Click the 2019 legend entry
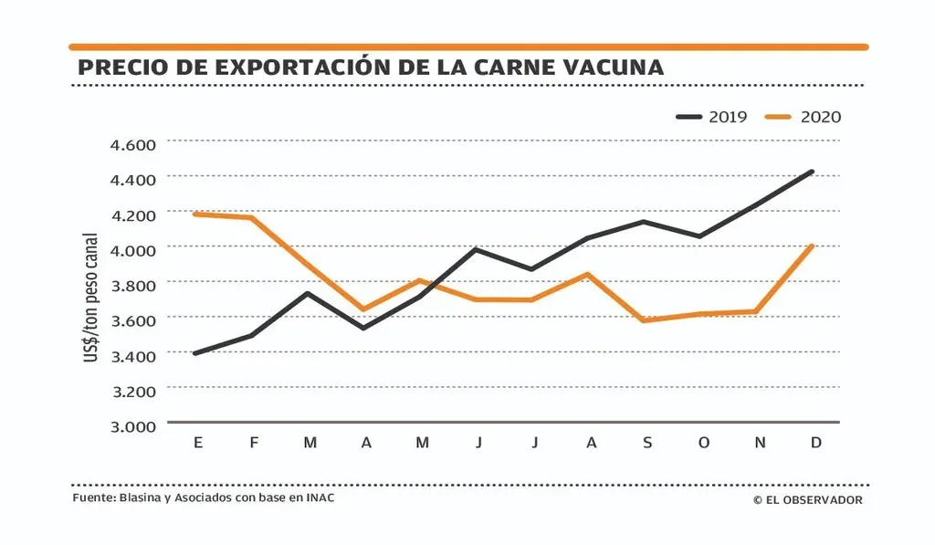pyautogui.click(x=712, y=117)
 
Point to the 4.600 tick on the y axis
pyautogui.click(x=133, y=144)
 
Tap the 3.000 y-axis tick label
pyautogui.click(x=133, y=425)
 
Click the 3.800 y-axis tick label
pyautogui.click(x=133, y=285)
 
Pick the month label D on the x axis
pyautogui.click(x=816, y=443)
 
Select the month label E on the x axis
pyautogui.click(x=197, y=443)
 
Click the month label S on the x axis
pyautogui.click(x=647, y=443)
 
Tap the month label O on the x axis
pyautogui.click(x=703, y=443)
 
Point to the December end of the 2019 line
pyautogui.click(x=812, y=172)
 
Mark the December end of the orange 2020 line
pyautogui.click(x=812, y=246)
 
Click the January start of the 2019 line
pyautogui.click(x=195, y=353)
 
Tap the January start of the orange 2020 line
pyautogui.click(x=195, y=214)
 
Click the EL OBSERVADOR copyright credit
pyautogui.click(x=808, y=499)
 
